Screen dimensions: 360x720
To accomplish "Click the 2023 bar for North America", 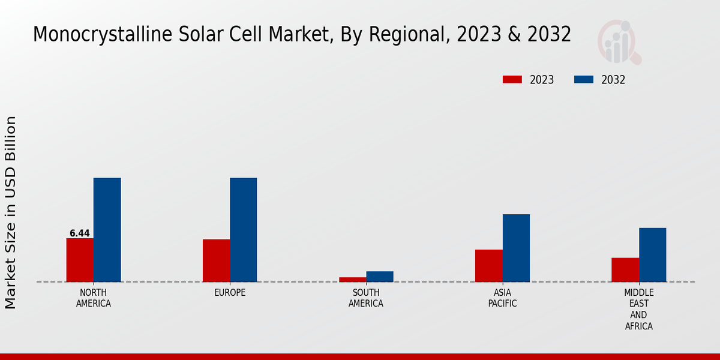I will pos(80,260).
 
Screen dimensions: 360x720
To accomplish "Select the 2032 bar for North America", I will pos(107,230).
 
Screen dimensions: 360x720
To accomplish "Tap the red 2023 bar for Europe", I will pos(216,260).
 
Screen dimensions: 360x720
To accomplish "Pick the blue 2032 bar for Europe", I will pos(243,230).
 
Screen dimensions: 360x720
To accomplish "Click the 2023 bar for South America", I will pos(352,280).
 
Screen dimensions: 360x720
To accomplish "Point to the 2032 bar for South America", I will pos(380,277).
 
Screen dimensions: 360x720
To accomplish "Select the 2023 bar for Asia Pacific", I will pos(488,266).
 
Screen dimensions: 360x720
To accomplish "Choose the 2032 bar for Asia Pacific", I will pos(516,248).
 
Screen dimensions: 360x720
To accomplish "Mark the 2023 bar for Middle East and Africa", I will pos(625,270).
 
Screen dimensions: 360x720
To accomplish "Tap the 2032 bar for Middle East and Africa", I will pos(652,255).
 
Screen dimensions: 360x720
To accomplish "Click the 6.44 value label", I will pos(80,233).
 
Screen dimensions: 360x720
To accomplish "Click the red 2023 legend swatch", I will pos(512,80).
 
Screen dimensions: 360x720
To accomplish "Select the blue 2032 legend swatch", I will pos(584,80).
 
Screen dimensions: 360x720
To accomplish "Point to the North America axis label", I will pos(94,298).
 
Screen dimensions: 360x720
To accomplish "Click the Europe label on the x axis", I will pos(230,293).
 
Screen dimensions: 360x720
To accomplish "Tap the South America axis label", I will pos(366,298).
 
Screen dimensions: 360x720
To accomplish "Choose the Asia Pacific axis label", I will pos(502,298).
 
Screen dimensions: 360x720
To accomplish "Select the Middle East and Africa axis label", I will pos(638,310).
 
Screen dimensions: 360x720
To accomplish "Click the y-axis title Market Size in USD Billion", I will pos(11,213).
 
